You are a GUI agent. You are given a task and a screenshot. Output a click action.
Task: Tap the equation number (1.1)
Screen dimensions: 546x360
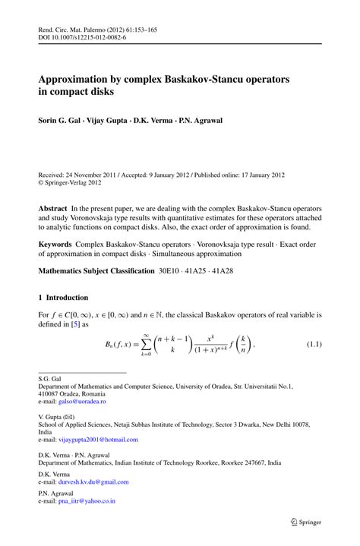[314, 346]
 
